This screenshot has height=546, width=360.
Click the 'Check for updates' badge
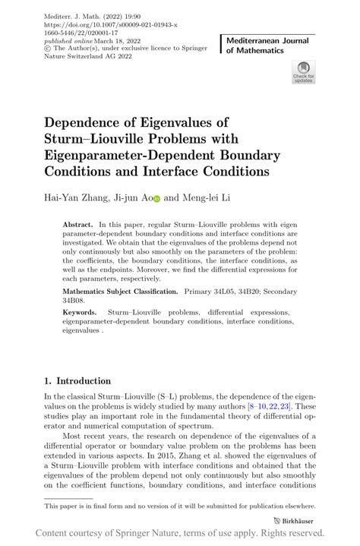303,72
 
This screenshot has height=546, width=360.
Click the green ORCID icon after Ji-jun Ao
156,199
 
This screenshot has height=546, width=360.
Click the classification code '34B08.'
75,301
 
